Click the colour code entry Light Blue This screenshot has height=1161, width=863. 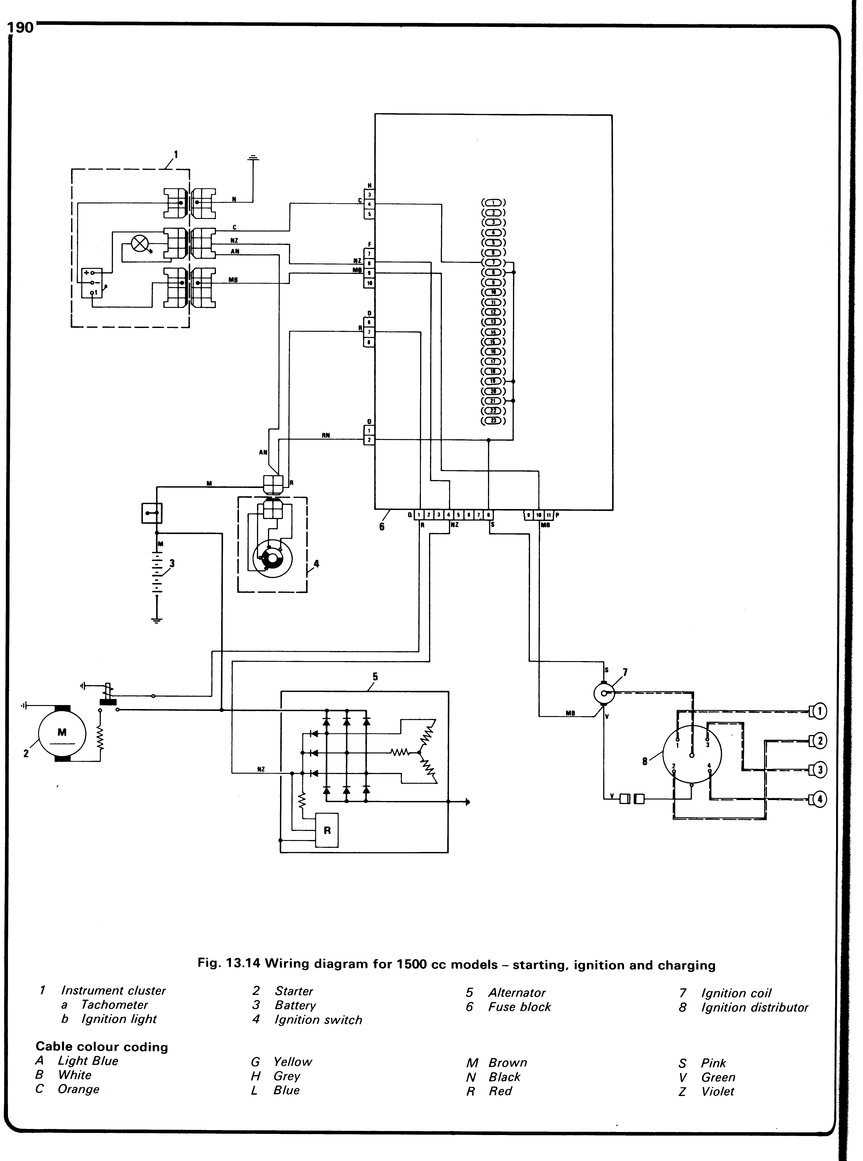88,1061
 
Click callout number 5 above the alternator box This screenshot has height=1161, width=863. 375,677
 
